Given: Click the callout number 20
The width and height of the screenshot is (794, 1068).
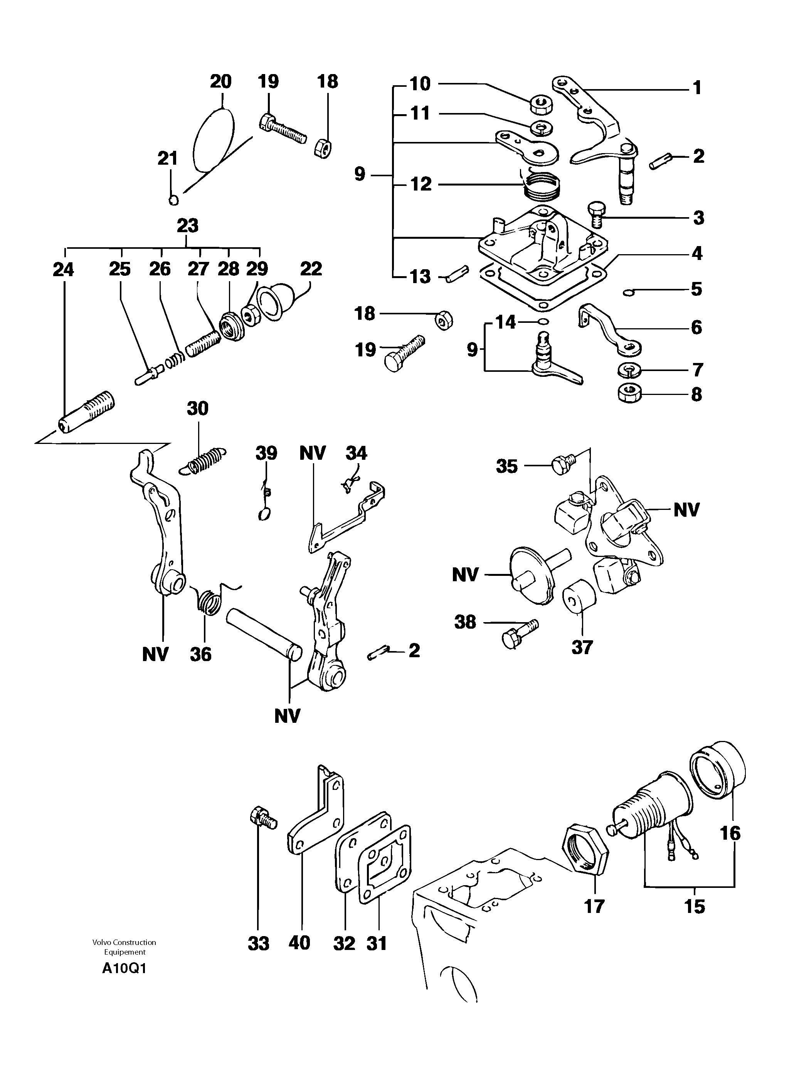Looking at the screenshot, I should point(220,81).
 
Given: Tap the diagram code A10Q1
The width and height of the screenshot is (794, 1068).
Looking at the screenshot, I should point(124,968).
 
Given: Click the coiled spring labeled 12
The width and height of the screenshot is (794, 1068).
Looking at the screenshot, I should point(542,188).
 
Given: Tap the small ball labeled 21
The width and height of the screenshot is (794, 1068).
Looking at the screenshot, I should point(174,200).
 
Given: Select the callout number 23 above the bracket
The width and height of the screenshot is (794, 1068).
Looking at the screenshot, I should point(187,226).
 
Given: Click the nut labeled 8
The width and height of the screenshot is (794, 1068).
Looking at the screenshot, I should point(630,394).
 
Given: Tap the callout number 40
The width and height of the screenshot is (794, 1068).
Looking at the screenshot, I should point(299,943).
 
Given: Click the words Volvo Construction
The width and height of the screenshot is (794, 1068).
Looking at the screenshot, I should point(124,942).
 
